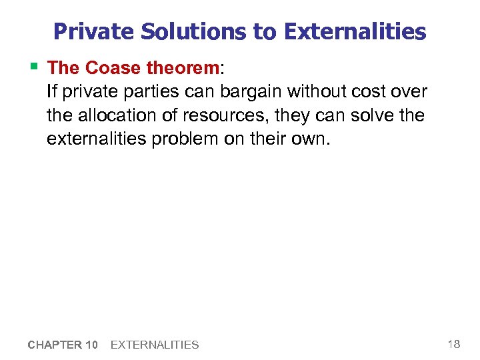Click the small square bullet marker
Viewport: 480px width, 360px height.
pyautogui.click(x=34, y=65)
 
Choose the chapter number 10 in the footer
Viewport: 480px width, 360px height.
pyautogui.click(x=92, y=345)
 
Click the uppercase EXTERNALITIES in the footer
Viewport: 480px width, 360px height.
pyautogui.click(x=154, y=345)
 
